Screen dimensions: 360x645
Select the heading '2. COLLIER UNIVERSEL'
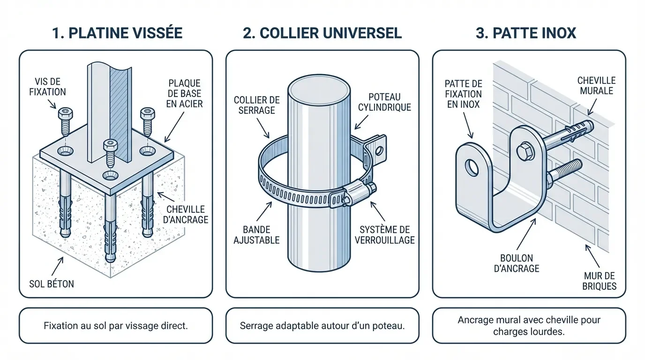322,32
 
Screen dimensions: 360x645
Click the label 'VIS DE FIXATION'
50,87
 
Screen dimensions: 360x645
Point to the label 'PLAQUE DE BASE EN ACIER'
185,93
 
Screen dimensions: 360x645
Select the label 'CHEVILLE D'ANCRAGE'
186,214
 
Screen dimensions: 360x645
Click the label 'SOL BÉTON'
52,283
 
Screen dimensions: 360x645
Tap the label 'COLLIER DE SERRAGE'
256,105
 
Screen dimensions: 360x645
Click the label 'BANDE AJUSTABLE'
257,235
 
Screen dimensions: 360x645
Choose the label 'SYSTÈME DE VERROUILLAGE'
385,235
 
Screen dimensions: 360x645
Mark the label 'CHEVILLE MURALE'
596,86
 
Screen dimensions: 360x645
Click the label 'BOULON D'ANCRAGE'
516,263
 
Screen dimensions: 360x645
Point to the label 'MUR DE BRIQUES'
600,281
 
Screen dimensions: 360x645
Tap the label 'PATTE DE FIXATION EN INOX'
463,94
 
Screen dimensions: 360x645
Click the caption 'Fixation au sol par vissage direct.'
116,325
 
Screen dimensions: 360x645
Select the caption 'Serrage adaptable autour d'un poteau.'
322,325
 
